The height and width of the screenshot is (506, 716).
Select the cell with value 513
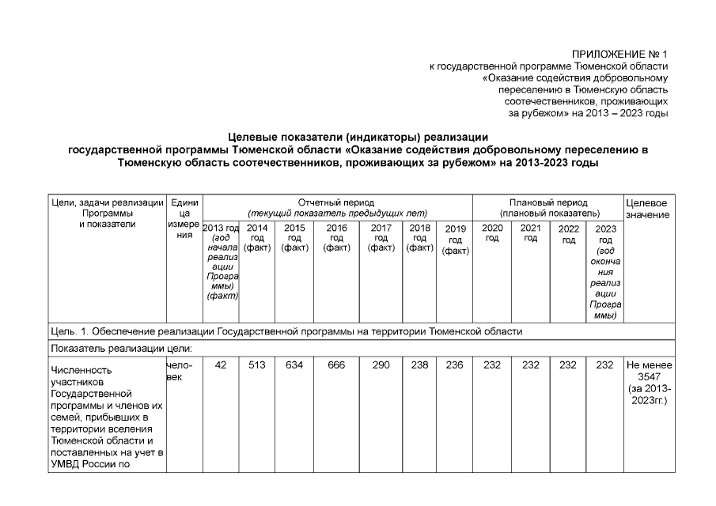257,365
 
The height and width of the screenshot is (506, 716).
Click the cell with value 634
294,365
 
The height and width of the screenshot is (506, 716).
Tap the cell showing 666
336,365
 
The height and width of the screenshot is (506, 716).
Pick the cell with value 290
381,365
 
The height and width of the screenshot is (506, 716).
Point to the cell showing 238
419,365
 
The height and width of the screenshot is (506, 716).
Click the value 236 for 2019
455,365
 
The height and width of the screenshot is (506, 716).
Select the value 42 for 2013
222,365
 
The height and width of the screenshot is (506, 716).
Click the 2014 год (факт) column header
257,237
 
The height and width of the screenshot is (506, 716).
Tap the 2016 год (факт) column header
336,237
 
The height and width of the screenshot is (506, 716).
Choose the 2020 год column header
492,233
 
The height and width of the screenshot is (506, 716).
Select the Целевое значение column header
649,209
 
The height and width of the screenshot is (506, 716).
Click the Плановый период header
548,208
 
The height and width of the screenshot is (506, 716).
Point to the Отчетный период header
336,208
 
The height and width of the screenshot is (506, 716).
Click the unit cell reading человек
178,371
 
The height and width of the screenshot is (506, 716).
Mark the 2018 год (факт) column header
419,237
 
